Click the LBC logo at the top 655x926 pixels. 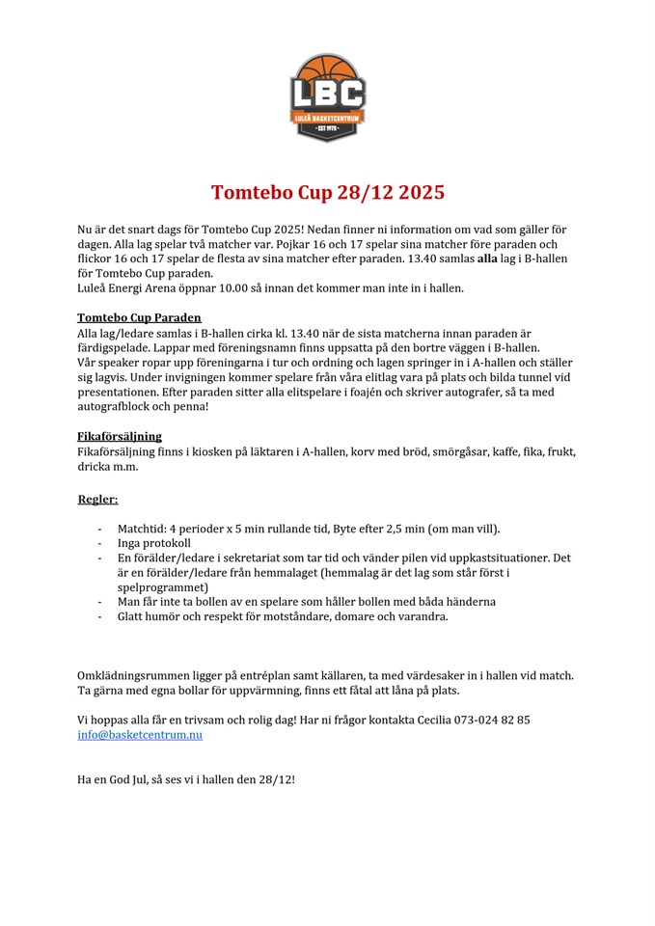click(x=328, y=97)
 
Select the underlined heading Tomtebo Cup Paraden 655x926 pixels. click(x=139, y=317)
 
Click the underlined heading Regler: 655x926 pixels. click(x=97, y=499)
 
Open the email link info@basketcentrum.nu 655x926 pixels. click(x=140, y=734)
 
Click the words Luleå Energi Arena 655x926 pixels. click(x=122, y=287)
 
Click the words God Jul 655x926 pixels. click(x=137, y=777)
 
